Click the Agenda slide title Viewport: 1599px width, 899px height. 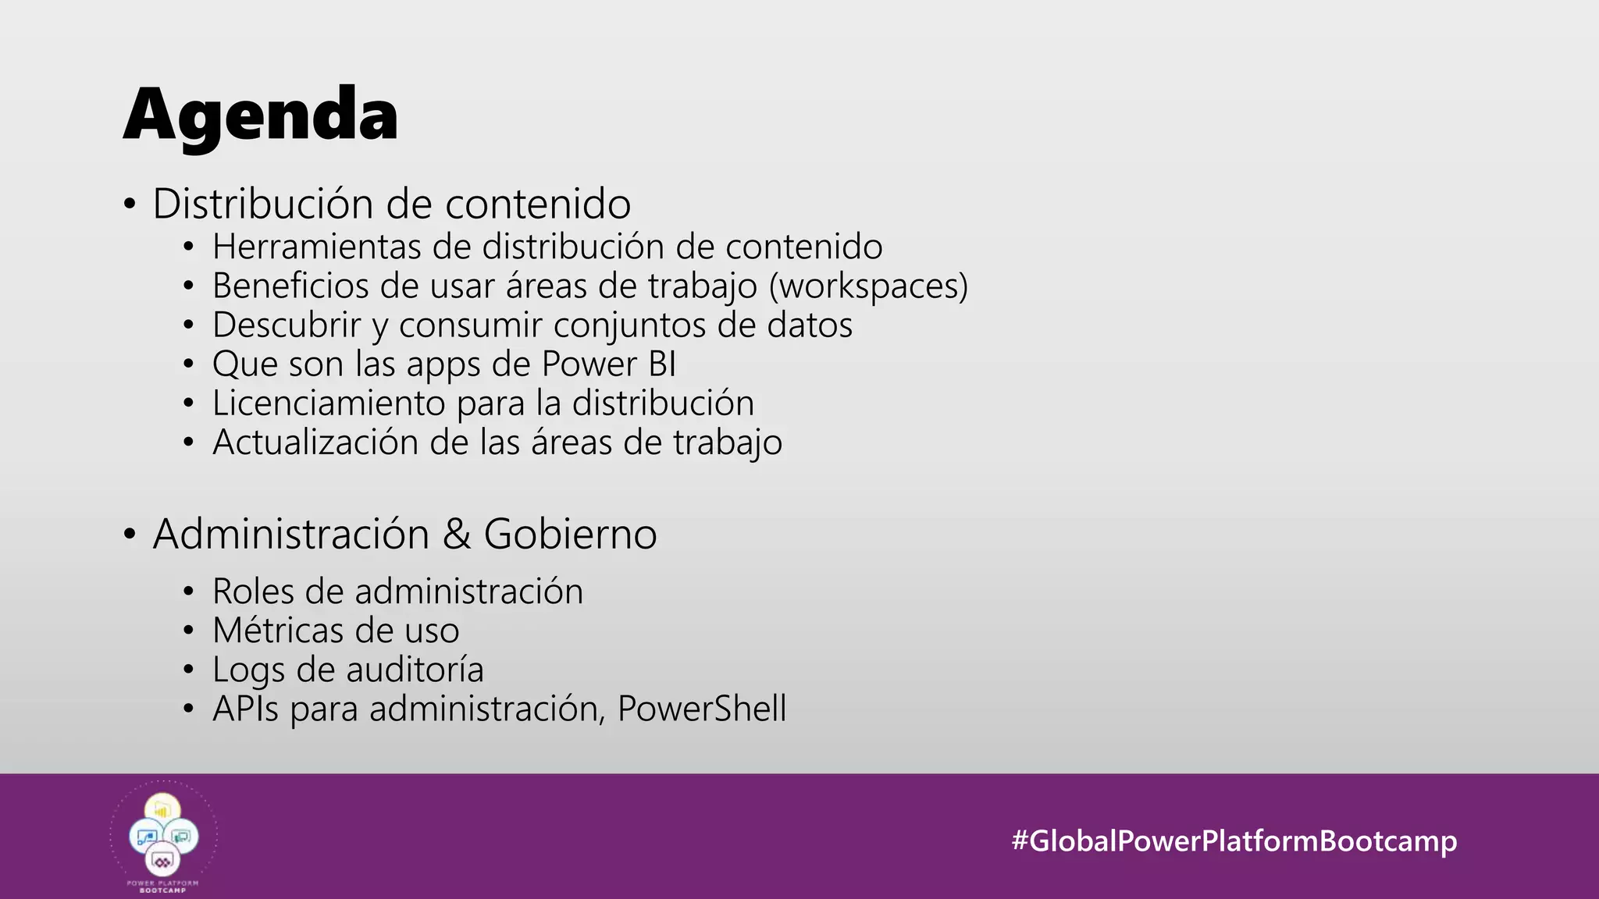tap(261, 115)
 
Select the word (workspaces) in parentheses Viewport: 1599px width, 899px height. tap(868, 286)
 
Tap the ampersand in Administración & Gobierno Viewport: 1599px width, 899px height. tap(457, 535)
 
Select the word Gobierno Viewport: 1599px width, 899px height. tap(570, 535)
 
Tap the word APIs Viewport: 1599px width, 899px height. tap(245, 709)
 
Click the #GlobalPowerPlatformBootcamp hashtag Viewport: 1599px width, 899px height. tap(1234, 840)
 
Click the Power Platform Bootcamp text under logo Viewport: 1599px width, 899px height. tap(163, 886)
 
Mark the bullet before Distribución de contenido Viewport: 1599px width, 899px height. tap(130, 205)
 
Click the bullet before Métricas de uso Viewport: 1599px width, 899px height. tap(188, 631)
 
